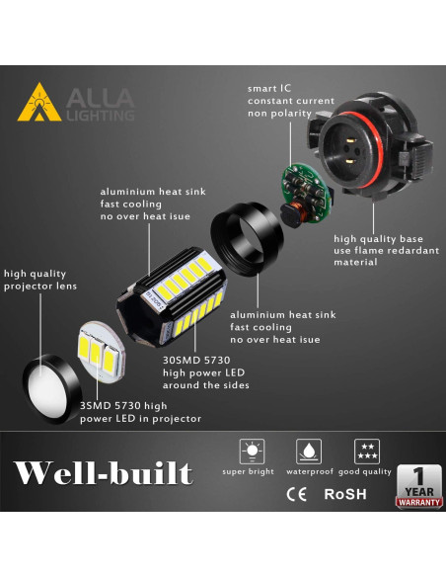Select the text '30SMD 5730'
pos(195,362)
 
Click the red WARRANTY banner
pos(418,503)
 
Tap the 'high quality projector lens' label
pos(40,281)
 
